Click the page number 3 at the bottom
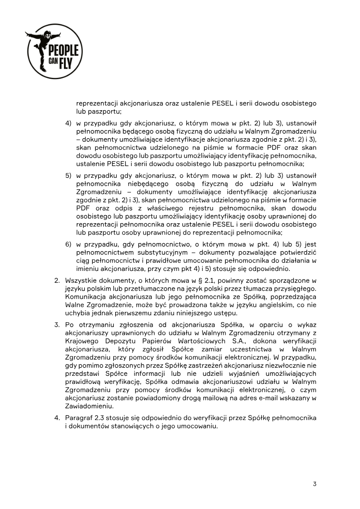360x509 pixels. coord(315,484)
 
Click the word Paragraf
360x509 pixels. coord(80,418)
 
